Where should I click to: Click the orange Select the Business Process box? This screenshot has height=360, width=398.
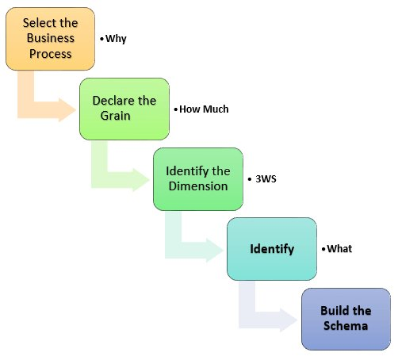click(x=50, y=39)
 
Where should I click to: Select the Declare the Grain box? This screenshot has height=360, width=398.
click(x=124, y=109)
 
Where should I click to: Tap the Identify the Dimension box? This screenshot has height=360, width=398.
click(x=198, y=179)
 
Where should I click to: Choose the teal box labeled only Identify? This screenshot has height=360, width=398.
click(x=272, y=249)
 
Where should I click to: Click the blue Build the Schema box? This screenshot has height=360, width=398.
click(x=346, y=319)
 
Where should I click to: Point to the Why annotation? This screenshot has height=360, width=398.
click(x=116, y=39)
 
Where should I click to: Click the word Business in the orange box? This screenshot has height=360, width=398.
click(x=51, y=38)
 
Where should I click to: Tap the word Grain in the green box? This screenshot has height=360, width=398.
click(x=115, y=116)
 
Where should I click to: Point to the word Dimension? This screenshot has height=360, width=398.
click(x=198, y=186)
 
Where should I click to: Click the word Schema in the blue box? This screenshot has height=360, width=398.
click(x=346, y=326)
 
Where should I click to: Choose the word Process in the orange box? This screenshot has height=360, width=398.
click(x=51, y=54)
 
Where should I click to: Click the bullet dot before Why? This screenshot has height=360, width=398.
click(x=101, y=39)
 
